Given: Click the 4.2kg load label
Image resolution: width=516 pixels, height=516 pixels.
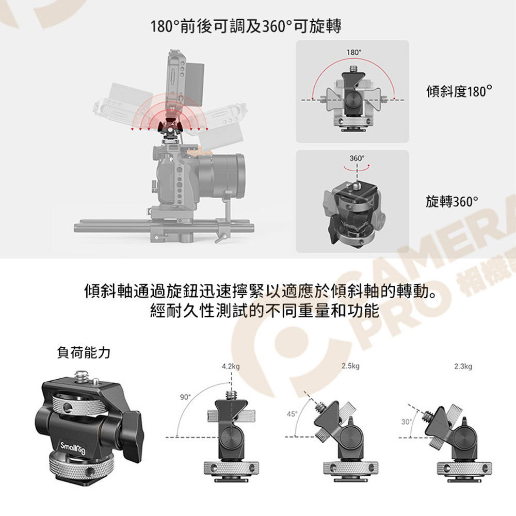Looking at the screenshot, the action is [x=231, y=366].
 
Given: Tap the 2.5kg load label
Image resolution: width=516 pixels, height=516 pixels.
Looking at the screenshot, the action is [x=350, y=366].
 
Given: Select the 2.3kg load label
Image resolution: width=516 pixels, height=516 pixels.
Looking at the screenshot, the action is [x=463, y=366].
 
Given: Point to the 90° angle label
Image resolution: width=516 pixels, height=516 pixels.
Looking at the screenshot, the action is [x=185, y=397].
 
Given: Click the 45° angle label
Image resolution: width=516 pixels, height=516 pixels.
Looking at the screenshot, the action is [x=292, y=414].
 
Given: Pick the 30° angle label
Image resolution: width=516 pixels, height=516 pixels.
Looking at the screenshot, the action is [x=407, y=422].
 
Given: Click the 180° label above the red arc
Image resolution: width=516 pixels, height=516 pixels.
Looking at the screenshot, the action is [x=353, y=52].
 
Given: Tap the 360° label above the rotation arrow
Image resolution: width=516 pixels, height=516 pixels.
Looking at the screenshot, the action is [x=357, y=158].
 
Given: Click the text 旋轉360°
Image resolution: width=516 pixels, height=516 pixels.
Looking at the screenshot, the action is [x=452, y=201].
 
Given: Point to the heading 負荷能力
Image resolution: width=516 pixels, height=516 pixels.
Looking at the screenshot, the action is [x=84, y=352].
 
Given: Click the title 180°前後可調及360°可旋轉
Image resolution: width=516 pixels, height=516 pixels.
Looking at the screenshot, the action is [x=246, y=26].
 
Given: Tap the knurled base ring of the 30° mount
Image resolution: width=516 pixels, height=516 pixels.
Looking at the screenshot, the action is [x=464, y=469].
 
